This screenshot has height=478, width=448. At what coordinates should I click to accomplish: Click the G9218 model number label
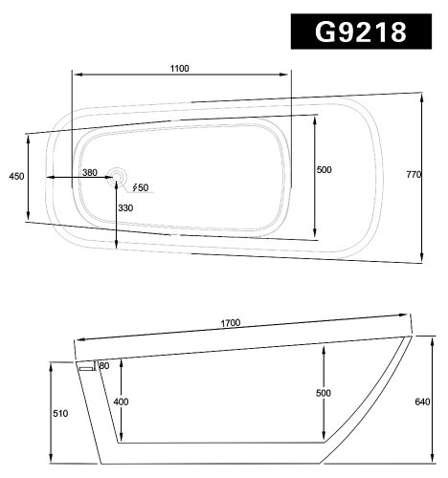(x=362, y=31)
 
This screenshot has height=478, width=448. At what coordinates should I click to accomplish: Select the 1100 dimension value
(x=180, y=68)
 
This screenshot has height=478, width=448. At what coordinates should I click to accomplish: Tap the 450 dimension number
(x=15, y=177)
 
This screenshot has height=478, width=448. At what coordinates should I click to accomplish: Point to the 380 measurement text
(x=89, y=172)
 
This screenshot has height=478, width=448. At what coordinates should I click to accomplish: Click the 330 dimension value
(x=125, y=208)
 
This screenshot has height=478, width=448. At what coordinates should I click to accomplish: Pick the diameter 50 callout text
(x=140, y=187)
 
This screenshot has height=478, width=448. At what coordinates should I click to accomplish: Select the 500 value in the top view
(x=324, y=170)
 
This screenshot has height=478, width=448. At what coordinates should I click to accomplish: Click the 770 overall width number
(x=414, y=174)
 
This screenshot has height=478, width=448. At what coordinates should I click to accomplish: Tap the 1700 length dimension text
(x=230, y=323)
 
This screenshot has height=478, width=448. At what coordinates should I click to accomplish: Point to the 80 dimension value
(x=103, y=366)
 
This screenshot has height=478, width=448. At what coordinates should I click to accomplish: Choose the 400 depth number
(x=121, y=402)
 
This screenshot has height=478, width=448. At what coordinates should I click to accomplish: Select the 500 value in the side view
(x=324, y=393)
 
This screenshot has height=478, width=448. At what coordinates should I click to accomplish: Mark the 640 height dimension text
(x=425, y=402)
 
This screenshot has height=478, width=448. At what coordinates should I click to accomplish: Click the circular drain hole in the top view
(x=117, y=176)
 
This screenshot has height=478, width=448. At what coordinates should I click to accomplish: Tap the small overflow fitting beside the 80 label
(x=86, y=366)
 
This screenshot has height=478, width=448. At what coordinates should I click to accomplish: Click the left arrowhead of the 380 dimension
(x=50, y=177)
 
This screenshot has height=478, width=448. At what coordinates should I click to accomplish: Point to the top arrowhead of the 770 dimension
(x=421, y=95)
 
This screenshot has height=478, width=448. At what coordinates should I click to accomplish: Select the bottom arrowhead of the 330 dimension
(x=117, y=248)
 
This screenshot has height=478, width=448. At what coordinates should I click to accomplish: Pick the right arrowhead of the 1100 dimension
(x=289, y=76)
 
